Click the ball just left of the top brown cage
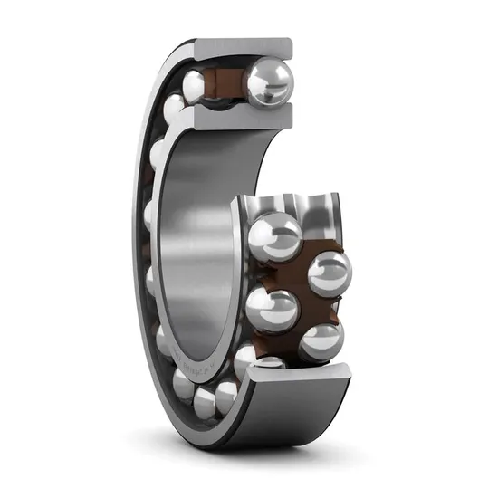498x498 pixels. tap(194, 86)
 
